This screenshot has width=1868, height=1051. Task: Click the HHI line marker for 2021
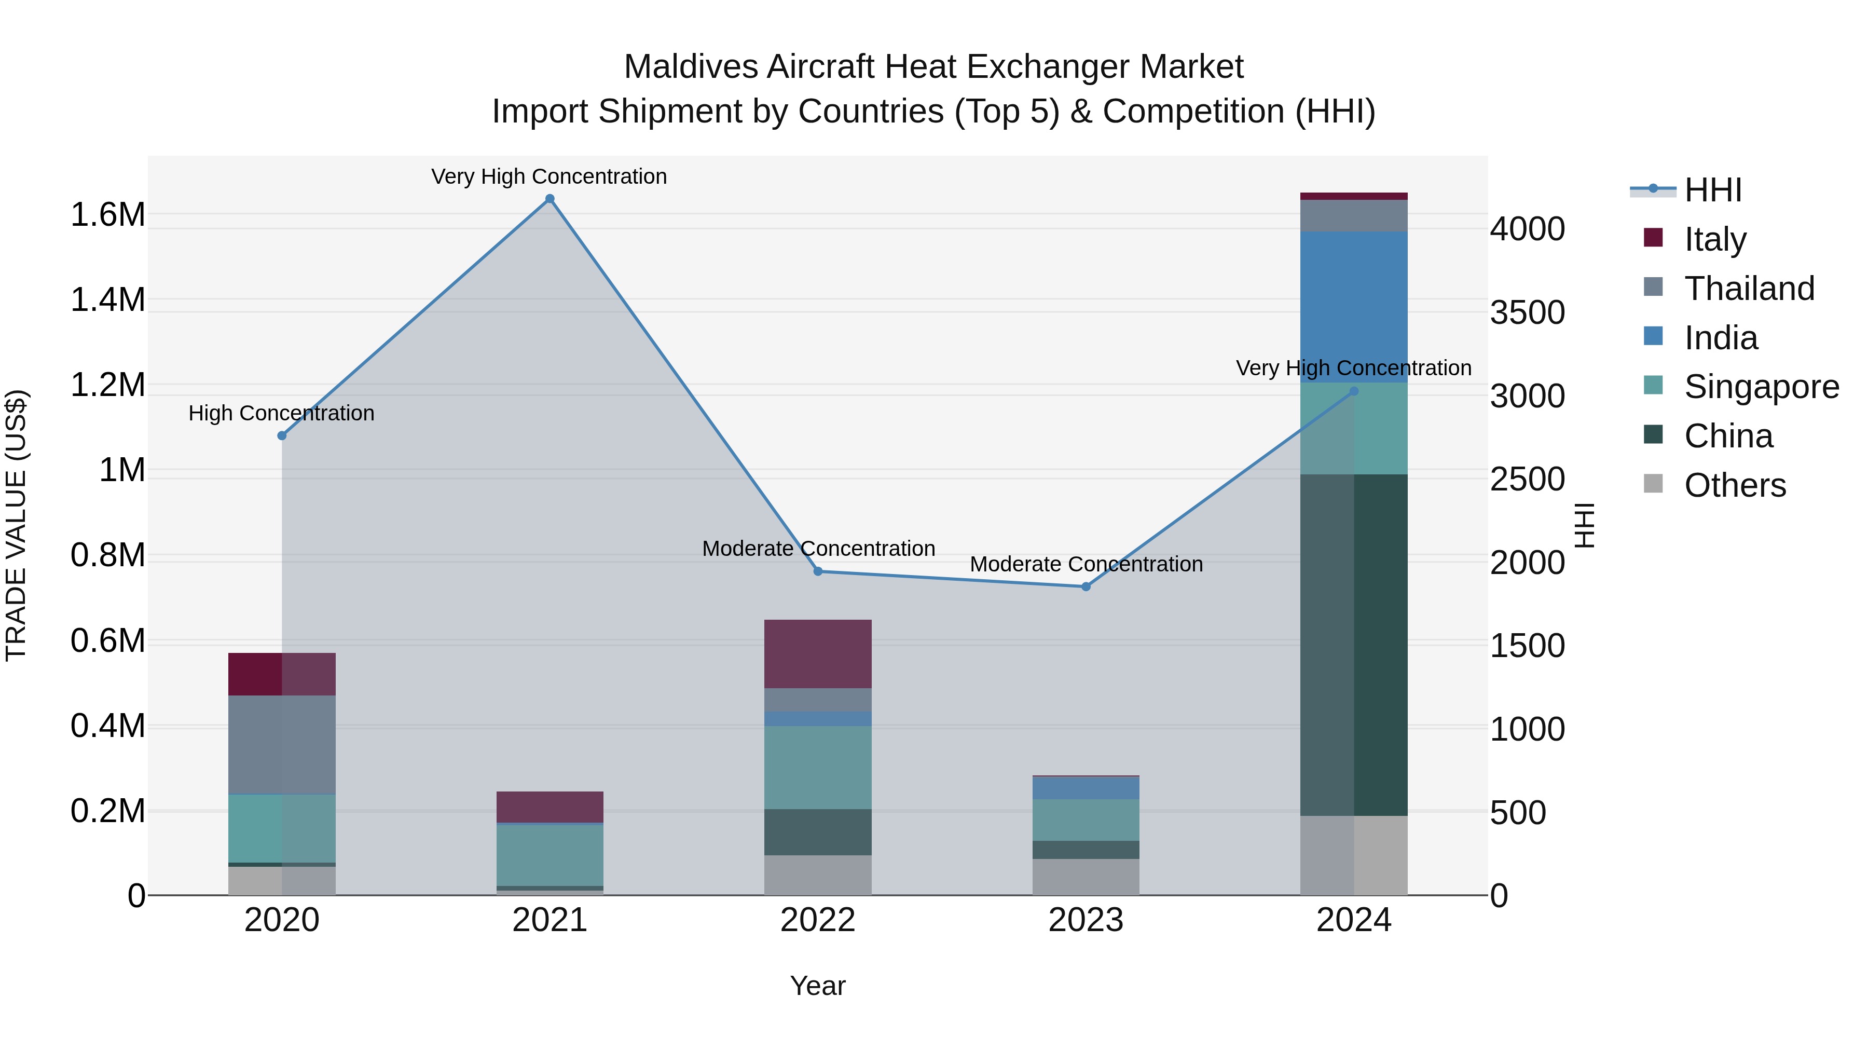(550, 199)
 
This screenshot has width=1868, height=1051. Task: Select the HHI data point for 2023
(1086, 586)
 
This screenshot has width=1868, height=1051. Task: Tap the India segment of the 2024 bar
(1353, 307)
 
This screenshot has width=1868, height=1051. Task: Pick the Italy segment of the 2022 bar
(817, 653)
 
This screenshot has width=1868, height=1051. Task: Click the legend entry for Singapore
(1761, 387)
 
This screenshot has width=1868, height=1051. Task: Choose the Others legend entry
(1735, 485)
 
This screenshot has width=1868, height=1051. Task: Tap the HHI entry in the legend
(1712, 190)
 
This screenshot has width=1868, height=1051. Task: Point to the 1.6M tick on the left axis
(107, 215)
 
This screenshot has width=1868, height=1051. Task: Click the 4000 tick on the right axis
(1527, 229)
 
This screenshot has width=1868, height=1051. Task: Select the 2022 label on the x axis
(817, 920)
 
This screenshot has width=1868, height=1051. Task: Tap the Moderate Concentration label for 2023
(1086, 564)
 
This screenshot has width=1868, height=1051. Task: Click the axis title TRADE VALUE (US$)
(16, 525)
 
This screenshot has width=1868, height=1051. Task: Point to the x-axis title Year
(817, 986)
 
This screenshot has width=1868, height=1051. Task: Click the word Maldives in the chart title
(690, 67)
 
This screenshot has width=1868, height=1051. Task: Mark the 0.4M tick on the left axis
(107, 726)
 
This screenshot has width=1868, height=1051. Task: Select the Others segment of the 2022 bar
(817, 875)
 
